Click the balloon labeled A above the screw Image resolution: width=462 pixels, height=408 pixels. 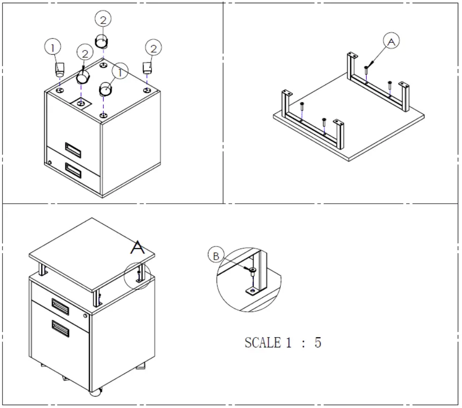391,42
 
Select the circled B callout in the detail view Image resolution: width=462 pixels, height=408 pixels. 216,256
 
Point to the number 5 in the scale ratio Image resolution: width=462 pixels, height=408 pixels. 318,343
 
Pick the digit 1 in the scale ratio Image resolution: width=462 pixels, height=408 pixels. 289,343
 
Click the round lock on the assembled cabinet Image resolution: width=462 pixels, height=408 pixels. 85,315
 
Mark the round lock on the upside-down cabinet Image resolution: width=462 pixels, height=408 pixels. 50,163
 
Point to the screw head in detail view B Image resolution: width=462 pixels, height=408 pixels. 253,270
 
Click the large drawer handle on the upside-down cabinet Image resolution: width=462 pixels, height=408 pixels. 73,171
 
